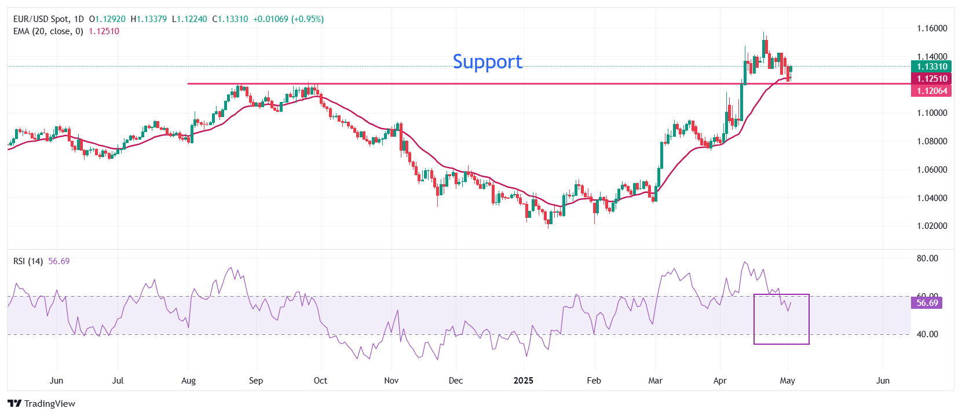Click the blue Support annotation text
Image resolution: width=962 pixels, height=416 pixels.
pyautogui.click(x=487, y=61)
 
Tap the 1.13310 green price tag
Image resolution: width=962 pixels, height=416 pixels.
pyautogui.click(x=931, y=67)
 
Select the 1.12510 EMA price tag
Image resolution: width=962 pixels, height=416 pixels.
pyautogui.click(x=931, y=79)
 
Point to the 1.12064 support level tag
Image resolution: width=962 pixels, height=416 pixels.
pyautogui.click(x=931, y=91)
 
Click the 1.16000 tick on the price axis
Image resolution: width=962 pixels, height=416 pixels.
pyautogui.click(x=931, y=28)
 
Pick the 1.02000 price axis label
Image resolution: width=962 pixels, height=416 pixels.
pyautogui.click(x=931, y=226)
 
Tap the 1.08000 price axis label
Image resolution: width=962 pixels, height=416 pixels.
pyautogui.click(x=931, y=141)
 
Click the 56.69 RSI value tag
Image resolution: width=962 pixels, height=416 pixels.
pyautogui.click(x=927, y=303)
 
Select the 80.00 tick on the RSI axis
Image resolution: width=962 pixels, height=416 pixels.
pyautogui.click(x=927, y=258)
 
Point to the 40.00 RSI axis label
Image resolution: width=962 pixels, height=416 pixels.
pyautogui.click(x=927, y=334)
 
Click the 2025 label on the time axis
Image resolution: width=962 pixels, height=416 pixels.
pyautogui.click(x=524, y=381)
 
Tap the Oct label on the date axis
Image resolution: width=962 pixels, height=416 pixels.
pyautogui.click(x=320, y=381)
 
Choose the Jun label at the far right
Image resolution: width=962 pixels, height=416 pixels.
pyautogui.click(x=883, y=381)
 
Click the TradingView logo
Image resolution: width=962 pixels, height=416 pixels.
pyautogui.click(x=42, y=403)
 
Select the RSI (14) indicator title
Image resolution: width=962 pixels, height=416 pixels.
pyautogui.click(x=28, y=261)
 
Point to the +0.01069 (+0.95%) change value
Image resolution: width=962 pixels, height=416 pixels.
pyautogui.click(x=288, y=19)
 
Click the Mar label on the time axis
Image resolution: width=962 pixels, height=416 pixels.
pyautogui.click(x=655, y=381)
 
